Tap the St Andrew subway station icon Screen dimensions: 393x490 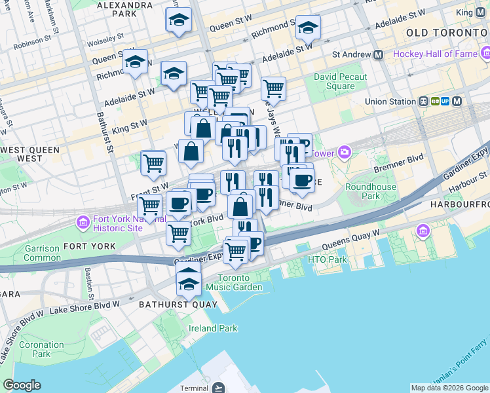tap(378, 55)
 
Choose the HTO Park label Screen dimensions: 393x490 tap(327, 260)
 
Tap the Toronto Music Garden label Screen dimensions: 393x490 tap(234, 282)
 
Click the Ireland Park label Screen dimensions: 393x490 tap(213, 328)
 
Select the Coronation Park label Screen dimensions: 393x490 tap(41, 349)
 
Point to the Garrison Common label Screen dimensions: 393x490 tap(41, 253)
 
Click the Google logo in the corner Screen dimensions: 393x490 tap(22, 385)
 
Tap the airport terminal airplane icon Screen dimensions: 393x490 tap(219, 388)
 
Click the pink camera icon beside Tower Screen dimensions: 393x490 tap(344, 153)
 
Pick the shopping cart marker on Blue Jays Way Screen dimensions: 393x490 tap(273, 88)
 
